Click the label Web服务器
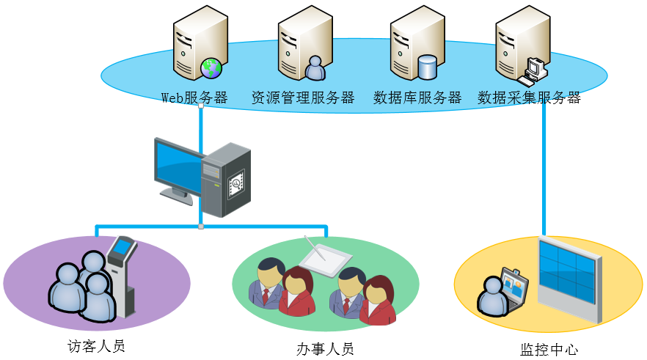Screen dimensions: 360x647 (x=194, y=98)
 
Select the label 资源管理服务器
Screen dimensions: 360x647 (x=302, y=98)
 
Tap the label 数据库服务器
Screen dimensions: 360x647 (x=417, y=98)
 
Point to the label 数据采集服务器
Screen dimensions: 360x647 (x=529, y=98)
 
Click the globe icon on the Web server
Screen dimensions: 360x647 (x=212, y=68)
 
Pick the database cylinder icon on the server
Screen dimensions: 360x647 (x=427, y=67)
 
